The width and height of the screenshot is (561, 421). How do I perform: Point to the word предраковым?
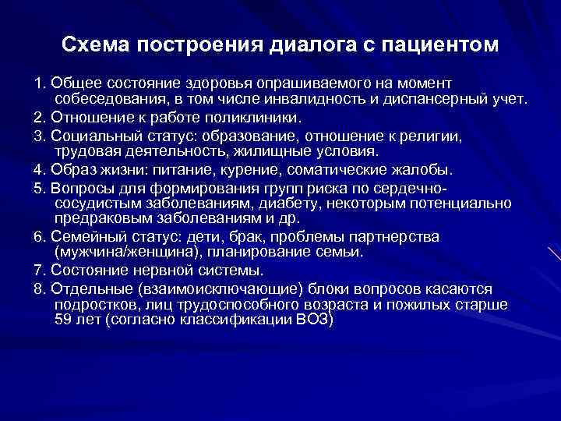pyautogui.click(x=99, y=219)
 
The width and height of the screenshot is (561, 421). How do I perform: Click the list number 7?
pyautogui.click(x=38, y=271)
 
